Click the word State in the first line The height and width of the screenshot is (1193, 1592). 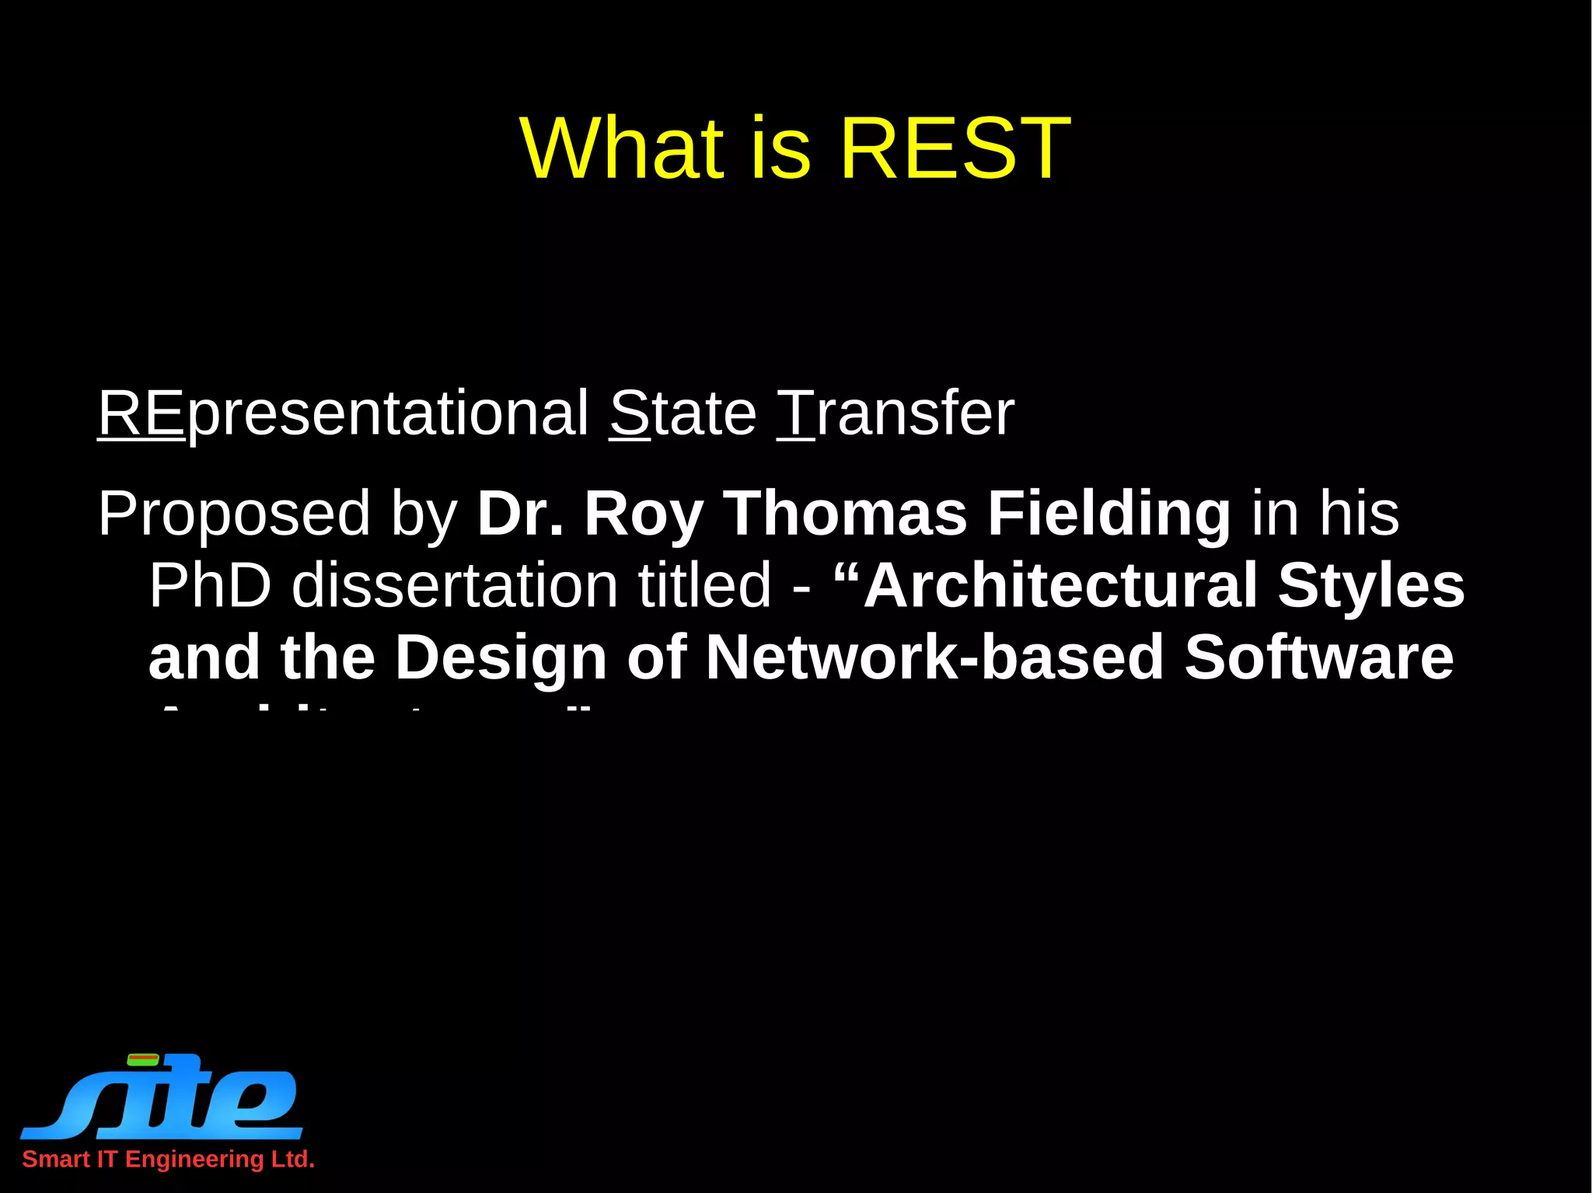(683, 413)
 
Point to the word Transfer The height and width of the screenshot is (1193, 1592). (895, 413)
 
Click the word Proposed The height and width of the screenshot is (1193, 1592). (234, 515)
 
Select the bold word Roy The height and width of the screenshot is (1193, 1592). (644, 515)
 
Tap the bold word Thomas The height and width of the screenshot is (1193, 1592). (845, 515)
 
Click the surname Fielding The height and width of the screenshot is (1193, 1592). (1109, 515)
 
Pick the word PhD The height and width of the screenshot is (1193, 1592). (210, 585)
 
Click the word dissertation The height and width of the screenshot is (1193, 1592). (454, 585)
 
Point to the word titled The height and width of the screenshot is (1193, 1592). (704, 585)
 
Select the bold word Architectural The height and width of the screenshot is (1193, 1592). (1060, 585)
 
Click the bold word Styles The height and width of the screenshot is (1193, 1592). (1371, 585)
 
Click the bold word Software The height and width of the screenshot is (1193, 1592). (1318, 658)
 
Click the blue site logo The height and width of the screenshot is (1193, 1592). (163, 1097)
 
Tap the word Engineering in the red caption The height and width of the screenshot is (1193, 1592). (194, 1160)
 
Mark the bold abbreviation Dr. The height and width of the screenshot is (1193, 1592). (520, 515)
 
